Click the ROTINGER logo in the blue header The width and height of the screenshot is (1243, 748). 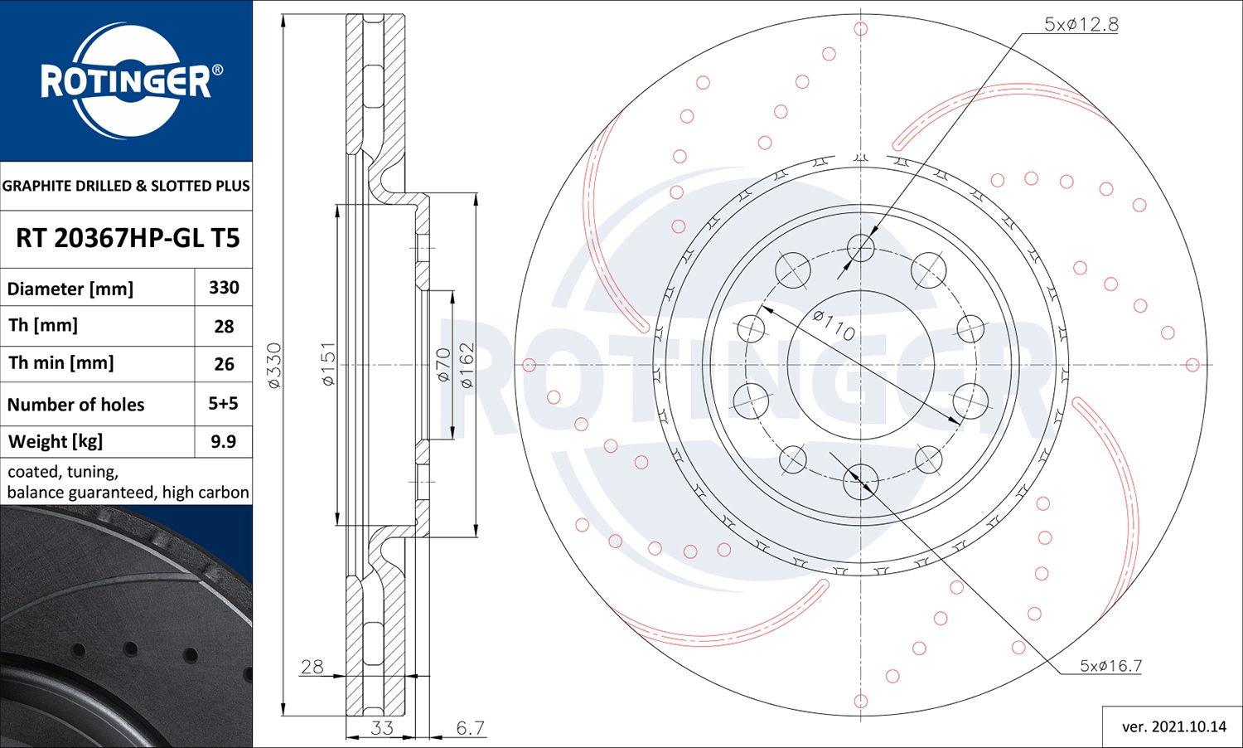pyautogui.click(x=126, y=80)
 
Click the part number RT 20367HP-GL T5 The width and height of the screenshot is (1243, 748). pyautogui.click(x=127, y=239)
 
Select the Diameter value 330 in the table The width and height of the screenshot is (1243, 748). pyautogui.click(x=224, y=288)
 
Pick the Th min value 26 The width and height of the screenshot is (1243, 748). pyautogui.click(x=224, y=364)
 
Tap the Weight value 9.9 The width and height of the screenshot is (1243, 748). pyautogui.click(x=223, y=441)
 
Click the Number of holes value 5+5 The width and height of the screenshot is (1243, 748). pyautogui.click(x=223, y=404)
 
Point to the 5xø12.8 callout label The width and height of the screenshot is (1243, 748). pyautogui.click(x=1081, y=24)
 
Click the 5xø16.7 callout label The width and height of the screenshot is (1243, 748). pyautogui.click(x=1110, y=666)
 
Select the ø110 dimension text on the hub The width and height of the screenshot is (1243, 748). pyautogui.click(x=834, y=325)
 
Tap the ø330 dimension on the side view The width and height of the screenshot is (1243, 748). pyautogui.click(x=274, y=365)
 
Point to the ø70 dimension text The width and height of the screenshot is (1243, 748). pyautogui.click(x=443, y=365)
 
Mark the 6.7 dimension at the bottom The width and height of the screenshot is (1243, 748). pyautogui.click(x=470, y=727)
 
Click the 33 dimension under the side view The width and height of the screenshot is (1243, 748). pyautogui.click(x=381, y=727)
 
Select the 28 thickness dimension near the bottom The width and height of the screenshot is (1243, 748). pyautogui.click(x=312, y=666)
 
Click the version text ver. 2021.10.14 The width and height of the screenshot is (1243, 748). pyautogui.click(x=1173, y=726)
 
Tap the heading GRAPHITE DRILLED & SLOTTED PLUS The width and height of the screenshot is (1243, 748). pyautogui.click(x=126, y=186)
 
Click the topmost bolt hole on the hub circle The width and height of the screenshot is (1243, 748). pyautogui.click(x=861, y=247)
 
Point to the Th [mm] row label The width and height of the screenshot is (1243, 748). pyautogui.click(x=43, y=325)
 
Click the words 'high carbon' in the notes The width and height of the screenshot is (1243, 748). pyautogui.click(x=206, y=493)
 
